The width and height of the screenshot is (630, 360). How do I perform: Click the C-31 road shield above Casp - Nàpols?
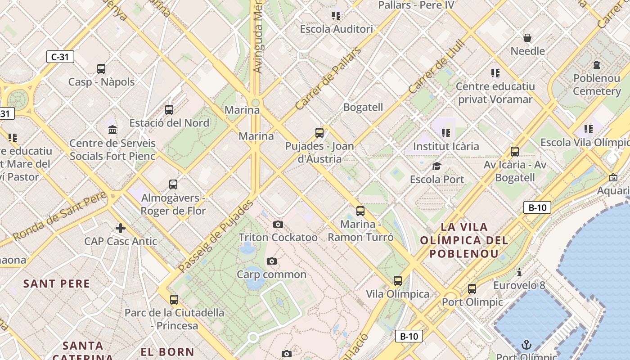click(x=60, y=57)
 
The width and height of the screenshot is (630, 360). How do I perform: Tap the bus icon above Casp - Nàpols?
click(x=101, y=69)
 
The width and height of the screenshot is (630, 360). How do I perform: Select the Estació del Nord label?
click(x=169, y=123)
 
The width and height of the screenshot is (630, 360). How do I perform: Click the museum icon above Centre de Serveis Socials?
click(x=112, y=130)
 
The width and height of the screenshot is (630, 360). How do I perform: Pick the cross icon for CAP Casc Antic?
click(x=120, y=228)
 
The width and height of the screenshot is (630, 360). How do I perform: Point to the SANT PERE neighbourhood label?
click(x=57, y=284)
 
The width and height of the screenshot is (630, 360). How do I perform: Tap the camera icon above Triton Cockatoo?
click(x=278, y=224)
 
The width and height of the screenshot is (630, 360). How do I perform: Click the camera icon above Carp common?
click(x=271, y=261)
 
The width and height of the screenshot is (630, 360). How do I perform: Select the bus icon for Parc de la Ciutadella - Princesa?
click(x=174, y=299)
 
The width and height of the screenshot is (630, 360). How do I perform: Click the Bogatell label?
click(x=363, y=107)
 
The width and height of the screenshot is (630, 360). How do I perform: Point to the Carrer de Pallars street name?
click(x=328, y=79)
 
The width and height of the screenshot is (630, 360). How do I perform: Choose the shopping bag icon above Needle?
click(x=527, y=38)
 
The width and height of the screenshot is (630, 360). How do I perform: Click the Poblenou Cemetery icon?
click(x=597, y=65)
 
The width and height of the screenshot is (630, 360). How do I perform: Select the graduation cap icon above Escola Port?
click(x=436, y=166)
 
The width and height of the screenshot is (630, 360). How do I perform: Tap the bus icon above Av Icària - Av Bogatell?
click(x=515, y=152)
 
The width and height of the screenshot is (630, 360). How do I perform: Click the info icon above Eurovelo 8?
click(x=519, y=272)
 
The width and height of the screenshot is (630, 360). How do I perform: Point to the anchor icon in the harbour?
click(x=526, y=345)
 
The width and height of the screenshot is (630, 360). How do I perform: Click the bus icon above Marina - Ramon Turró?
click(x=360, y=211)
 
